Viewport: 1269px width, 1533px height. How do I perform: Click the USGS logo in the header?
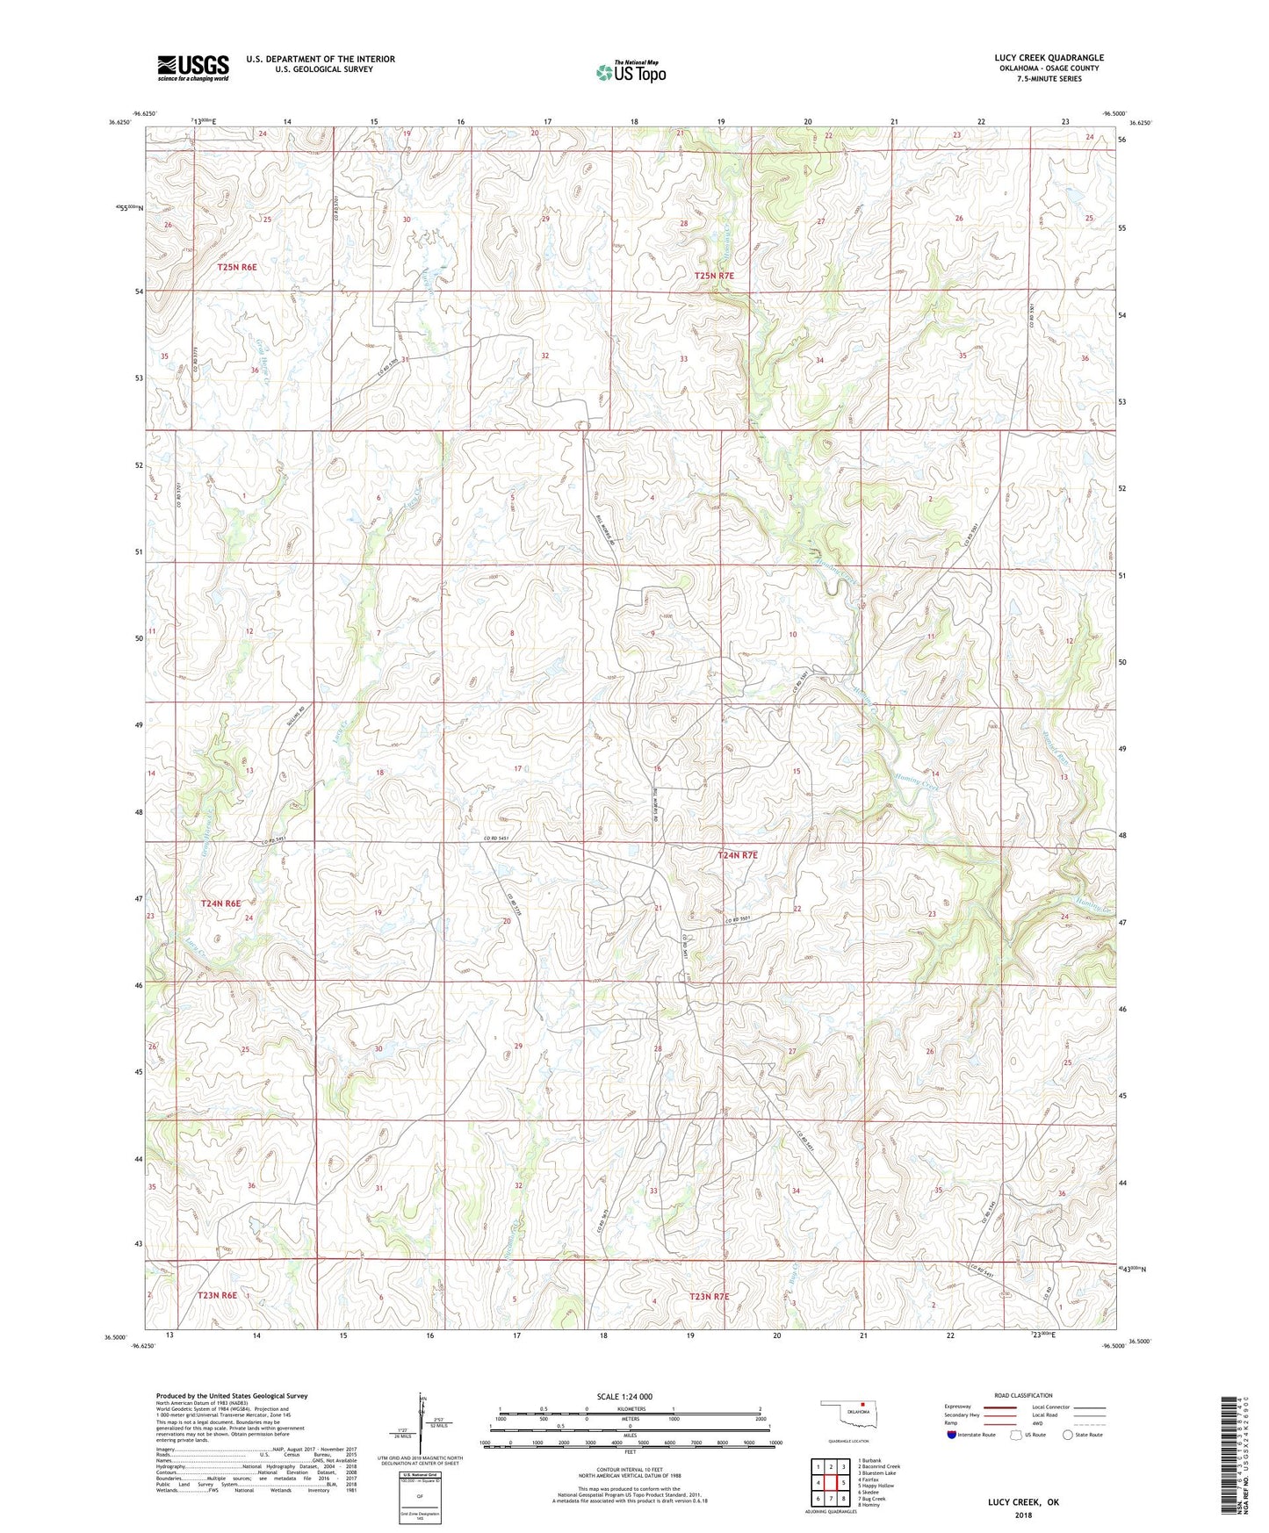pos(193,67)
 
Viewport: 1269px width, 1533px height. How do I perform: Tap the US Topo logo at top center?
pos(631,72)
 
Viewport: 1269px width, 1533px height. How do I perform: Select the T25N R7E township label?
pos(714,276)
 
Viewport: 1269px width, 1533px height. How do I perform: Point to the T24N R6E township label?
pos(220,903)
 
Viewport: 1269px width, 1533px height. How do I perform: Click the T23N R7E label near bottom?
pos(709,1296)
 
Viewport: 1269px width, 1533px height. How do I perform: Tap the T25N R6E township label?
pos(237,266)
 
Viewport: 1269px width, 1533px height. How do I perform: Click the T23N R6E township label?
pos(217,1295)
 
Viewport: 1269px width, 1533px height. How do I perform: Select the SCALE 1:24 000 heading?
pos(624,1396)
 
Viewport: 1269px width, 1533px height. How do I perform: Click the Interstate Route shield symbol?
pos(952,1435)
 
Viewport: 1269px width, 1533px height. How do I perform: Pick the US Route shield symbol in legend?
pos(1017,1435)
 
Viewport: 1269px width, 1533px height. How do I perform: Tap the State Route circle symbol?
pos(1068,1435)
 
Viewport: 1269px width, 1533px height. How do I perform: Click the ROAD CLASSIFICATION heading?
pos(1024,1395)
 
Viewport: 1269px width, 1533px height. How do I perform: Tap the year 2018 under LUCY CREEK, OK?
pos(1023,1515)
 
